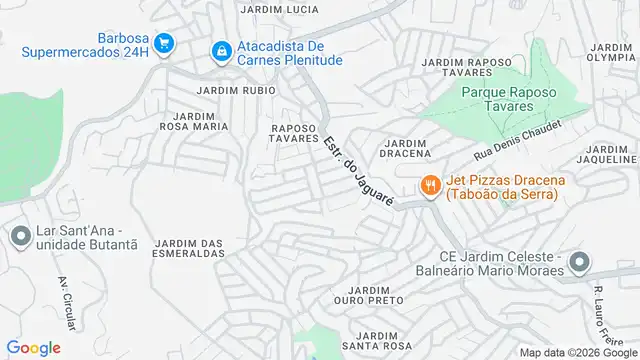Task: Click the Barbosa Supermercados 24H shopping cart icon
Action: point(165,42)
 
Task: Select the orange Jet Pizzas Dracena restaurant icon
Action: point(430,185)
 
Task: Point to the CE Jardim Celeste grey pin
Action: point(579,262)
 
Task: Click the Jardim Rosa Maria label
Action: point(194,121)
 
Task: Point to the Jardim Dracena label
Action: point(405,147)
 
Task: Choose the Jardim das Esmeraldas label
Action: point(189,248)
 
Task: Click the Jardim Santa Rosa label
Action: point(376,341)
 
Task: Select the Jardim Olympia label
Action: point(612,53)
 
